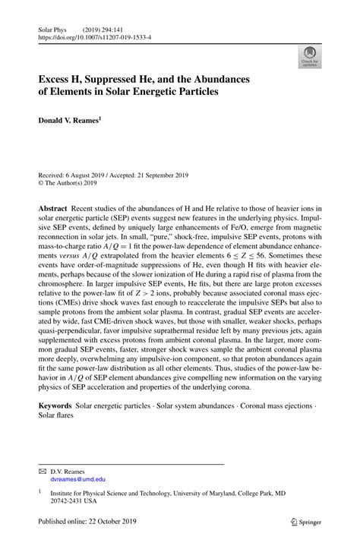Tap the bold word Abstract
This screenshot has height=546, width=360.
[x=54, y=208]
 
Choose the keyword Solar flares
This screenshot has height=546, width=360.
[x=58, y=418]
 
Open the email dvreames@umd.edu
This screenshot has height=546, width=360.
[x=77, y=480]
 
